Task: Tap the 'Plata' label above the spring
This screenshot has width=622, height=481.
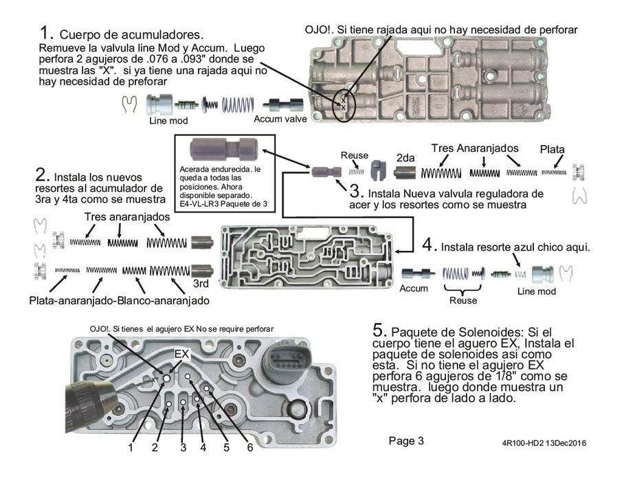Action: point(553,149)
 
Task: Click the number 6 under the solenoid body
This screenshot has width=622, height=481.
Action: point(250,447)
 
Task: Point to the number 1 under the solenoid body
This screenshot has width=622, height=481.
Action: point(131,447)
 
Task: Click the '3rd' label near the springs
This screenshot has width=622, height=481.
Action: point(201,282)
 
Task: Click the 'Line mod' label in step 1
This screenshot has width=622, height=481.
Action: point(168,120)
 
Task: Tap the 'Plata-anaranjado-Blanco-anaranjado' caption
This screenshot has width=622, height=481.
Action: point(120,301)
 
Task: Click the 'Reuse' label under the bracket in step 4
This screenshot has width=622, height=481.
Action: point(463,300)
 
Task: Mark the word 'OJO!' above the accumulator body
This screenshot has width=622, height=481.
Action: point(321,30)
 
